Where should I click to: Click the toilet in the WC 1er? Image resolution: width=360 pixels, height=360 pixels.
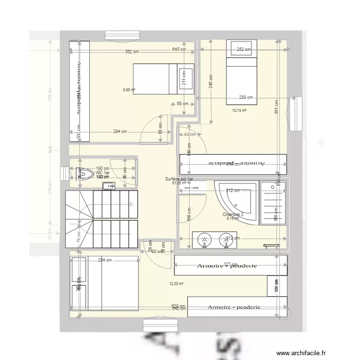tap(85, 173)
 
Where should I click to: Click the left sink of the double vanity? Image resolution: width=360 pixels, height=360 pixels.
tap(204, 240)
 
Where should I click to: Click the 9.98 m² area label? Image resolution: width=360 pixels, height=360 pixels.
tap(129, 89)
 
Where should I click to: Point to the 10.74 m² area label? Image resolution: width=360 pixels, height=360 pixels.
tap(239, 110)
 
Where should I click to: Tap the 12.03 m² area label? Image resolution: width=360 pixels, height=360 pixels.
tap(176, 284)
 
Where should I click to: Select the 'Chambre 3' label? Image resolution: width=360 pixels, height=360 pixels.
tap(233, 215)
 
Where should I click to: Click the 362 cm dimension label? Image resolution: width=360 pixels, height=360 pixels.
tap(132, 51)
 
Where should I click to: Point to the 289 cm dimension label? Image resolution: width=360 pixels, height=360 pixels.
tap(246, 97)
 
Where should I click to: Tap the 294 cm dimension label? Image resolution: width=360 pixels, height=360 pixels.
tap(120, 132)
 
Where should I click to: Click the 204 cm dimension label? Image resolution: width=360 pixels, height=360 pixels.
tap(105, 261)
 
